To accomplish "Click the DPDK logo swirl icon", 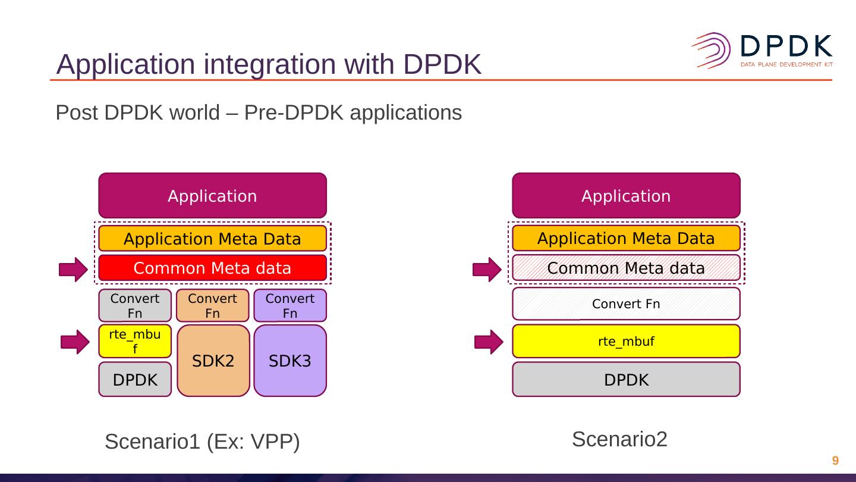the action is [x=712, y=51].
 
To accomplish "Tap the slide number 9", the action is [x=835, y=460].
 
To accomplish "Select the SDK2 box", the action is [x=213, y=361].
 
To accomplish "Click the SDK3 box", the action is [x=290, y=361].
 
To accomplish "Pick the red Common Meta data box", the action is [x=212, y=268].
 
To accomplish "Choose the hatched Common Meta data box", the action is [x=626, y=268].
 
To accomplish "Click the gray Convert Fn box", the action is [x=135, y=305].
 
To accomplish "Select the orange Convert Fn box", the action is [x=212, y=305].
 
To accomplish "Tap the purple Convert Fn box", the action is [x=290, y=305].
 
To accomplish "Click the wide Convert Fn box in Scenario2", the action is [x=626, y=303].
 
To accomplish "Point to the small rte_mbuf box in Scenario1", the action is [x=135, y=341].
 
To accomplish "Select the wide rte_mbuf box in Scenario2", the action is [x=626, y=341].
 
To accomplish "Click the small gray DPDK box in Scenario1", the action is [x=135, y=380].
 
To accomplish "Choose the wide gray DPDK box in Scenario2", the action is [x=626, y=380].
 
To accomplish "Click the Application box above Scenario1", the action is [x=212, y=195].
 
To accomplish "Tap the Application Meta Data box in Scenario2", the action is [x=626, y=238].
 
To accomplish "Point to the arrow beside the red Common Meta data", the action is [x=73, y=270].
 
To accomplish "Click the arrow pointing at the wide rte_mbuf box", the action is [x=489, y=342].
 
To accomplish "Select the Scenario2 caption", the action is [x=619, y=439].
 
